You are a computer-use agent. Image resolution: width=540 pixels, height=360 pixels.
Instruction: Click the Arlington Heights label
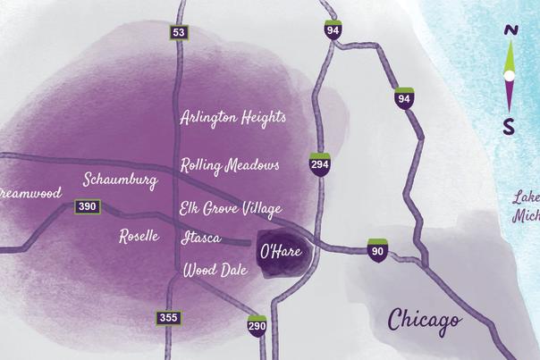[x=232, y=118]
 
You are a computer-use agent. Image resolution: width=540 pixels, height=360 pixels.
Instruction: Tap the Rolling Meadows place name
[x=230, y=165]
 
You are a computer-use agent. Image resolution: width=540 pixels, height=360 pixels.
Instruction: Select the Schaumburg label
[x=120, y=180]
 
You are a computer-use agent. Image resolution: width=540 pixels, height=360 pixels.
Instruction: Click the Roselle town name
[x=139, y=236]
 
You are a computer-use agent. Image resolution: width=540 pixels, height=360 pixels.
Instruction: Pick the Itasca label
[x=200, y=238]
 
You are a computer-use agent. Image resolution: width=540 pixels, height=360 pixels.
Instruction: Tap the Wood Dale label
[x=215, y=269]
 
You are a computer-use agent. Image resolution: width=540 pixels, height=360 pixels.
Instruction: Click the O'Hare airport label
[x=280, y=252]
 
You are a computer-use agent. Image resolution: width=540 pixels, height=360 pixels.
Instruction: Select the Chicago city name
[x=425, y=319]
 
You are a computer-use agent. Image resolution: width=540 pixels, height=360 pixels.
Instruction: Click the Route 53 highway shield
[x=180, y=33]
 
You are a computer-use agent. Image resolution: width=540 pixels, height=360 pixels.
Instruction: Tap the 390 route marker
[x=87, y=207]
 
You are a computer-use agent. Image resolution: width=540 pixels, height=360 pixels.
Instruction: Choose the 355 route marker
[x=168, y=317]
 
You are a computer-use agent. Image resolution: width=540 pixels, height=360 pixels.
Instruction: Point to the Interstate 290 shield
[x=257, y=325]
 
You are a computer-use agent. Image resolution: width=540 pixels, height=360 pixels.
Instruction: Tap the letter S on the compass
[x=509, y=127]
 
